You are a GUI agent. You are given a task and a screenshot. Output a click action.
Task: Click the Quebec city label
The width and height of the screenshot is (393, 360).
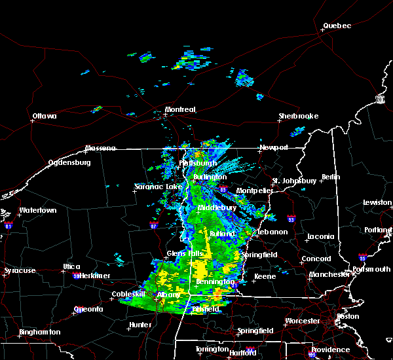pos(337,26)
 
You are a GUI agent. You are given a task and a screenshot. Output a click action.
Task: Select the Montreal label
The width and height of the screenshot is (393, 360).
pos(180,109)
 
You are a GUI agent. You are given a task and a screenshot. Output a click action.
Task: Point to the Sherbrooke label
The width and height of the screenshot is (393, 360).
pos(298,116)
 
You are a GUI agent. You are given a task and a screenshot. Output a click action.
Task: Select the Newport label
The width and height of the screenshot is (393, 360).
pos(273,147)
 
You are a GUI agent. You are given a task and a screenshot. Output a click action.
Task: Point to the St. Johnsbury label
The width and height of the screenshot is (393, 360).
pos(295,180)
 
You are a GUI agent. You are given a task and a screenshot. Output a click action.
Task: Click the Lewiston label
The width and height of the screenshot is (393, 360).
pos(378,203)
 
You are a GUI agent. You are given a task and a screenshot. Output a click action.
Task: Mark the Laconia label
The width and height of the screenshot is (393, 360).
pos(321,236)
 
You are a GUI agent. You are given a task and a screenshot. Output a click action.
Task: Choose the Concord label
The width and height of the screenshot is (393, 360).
pos(316,259)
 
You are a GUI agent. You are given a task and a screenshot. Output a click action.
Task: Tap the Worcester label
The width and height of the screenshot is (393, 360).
pos(303,321)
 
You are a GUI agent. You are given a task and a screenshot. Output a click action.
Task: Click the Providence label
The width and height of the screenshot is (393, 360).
pos(330,350)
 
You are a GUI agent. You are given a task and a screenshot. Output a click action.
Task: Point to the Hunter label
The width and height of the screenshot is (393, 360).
pos(140,325)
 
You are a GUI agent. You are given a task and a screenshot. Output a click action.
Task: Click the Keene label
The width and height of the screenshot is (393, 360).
pos(265,276)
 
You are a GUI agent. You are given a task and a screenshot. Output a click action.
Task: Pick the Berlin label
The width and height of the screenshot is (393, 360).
pos(331,177)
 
